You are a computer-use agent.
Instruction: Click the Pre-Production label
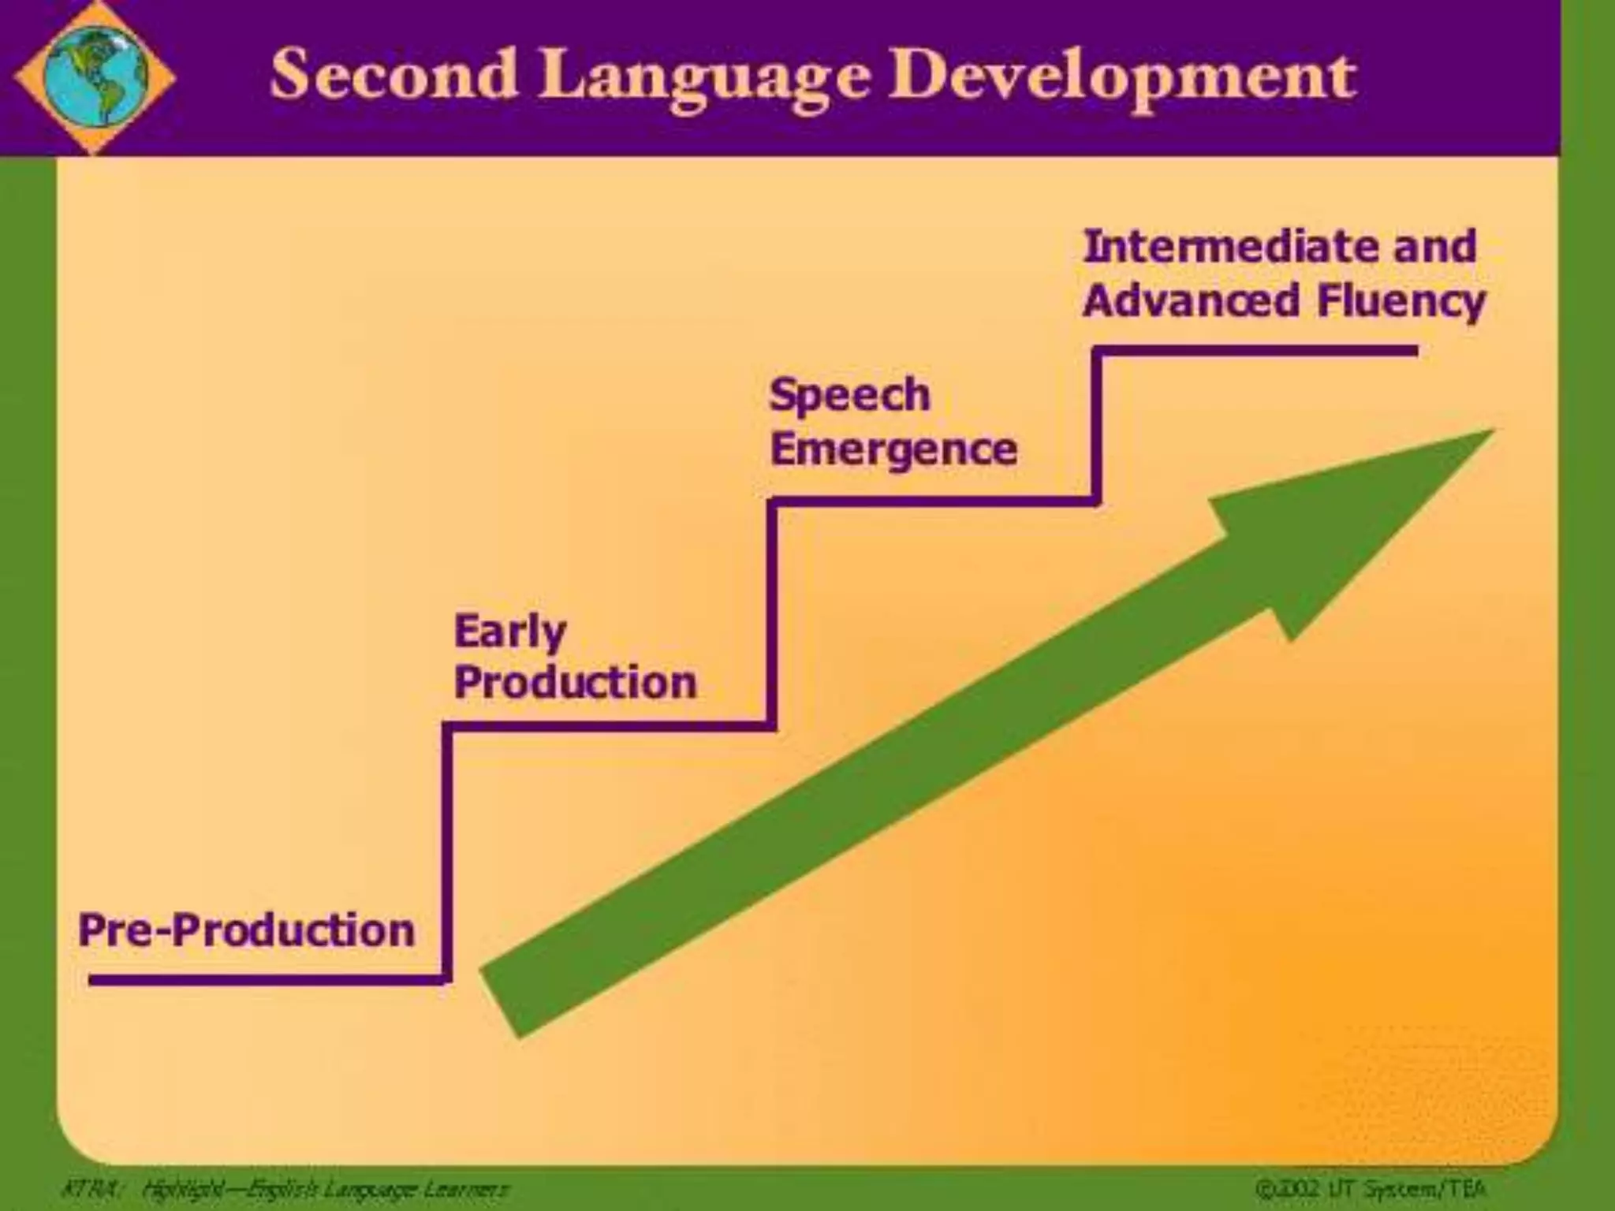(x=247, y=930)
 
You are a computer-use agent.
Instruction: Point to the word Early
(x=510, y=632)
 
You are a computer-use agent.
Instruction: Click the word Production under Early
(x=576, y=682)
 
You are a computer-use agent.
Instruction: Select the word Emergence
(x=893, y=450)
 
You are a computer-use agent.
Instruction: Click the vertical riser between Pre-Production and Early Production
(x=446, y=851)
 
